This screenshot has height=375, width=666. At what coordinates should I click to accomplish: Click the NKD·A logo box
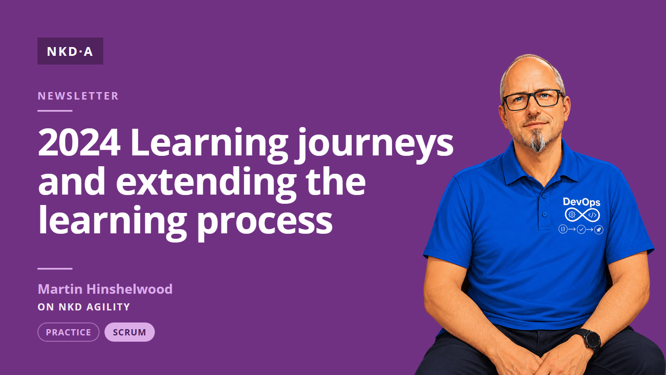70,51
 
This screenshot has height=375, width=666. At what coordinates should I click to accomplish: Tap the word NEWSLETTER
78,96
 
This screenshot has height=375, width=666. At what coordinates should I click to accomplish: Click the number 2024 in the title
79,143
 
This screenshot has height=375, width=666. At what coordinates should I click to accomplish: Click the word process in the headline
264,222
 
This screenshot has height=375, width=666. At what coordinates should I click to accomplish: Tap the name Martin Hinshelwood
105,289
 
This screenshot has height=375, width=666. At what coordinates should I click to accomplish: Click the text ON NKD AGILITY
84,307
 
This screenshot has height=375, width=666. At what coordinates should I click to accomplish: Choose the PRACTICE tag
68,332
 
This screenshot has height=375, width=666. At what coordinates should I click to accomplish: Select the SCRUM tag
129,332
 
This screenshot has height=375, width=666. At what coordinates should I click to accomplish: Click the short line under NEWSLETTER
55,111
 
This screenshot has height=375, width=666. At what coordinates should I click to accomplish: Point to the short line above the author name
55,268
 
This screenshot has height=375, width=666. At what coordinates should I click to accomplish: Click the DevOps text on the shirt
582,202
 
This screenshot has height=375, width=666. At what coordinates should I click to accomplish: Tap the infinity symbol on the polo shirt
582,215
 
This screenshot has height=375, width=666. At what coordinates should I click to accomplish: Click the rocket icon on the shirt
599,230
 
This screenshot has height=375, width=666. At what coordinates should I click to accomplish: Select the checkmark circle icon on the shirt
581,230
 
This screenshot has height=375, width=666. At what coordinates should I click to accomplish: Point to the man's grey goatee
538,141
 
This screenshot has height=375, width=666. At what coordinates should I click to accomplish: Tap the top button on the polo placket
544,196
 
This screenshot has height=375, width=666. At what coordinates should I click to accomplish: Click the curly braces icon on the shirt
563,229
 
